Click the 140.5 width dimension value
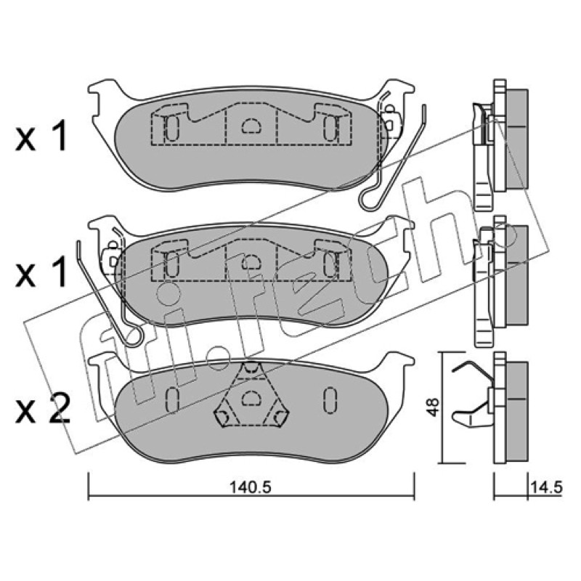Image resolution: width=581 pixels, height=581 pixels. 251,487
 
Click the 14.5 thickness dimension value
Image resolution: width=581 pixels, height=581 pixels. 547,487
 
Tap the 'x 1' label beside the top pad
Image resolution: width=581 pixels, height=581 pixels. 41,136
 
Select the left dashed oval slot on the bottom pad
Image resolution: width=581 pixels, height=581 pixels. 172,400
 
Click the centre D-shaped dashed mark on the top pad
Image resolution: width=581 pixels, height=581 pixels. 251,126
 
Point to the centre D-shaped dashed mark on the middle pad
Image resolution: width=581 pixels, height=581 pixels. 251,262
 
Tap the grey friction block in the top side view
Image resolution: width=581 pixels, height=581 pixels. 517,139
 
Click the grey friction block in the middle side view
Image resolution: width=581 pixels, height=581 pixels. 517,275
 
